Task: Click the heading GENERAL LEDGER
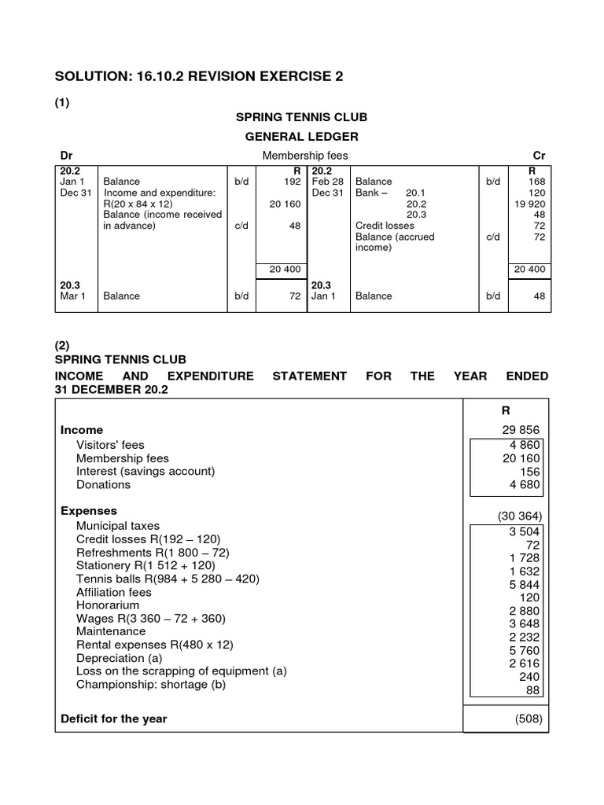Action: pyautogui.click(x=302, y=137)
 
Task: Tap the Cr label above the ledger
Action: pyautogui.click(x=539, y=156)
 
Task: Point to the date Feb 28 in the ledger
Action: pyautogui.click(x=327, y=181)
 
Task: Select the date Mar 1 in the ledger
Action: pyautogui.click(x=72, y=296)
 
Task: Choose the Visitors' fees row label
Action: pyautogui.click(x=110, y=445)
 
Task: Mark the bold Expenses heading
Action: pyautogui.click(x=89, y=511)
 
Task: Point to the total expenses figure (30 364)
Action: pyautogui.click(x=519, y=516)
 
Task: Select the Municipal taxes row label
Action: pyautogui.click(x=117, y=525)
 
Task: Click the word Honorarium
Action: pyautogui.click(x=108, y=605)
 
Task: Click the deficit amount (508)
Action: pyautogui.click(x=528, y=719)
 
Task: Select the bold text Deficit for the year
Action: pyautogui.click(x=114, y=719)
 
